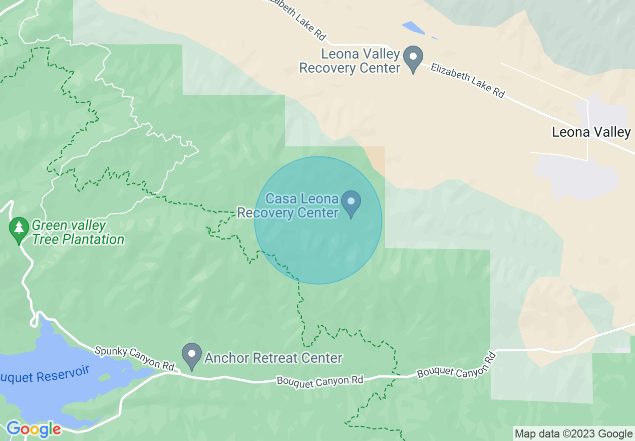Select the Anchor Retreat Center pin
click(x=191, y=355)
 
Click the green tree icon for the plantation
click(x=19, y=229)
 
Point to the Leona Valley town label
click(x=591, y=132)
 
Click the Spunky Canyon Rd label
click(x=134, y=358)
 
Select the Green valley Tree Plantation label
click(x=78, y=233)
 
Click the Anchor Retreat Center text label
click(x=273, y=358)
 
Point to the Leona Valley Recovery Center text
click(x=350, y=61)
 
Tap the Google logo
click(x=34, y=429)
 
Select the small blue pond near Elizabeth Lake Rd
click(x=414, y=27)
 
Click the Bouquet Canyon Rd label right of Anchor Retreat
click(x=320, y=381)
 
